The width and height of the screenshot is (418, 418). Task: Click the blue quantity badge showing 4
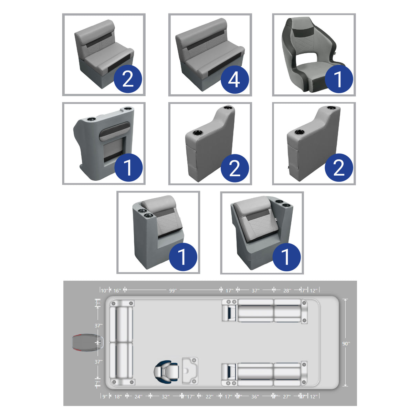[x=234, y=80]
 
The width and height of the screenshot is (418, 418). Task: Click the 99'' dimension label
[x=173, y=291]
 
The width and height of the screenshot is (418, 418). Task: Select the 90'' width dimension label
[x=346, y=343]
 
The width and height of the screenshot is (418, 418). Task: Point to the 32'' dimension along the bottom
[x=166, y=397]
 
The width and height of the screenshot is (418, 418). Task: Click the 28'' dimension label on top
[x=287, y=291]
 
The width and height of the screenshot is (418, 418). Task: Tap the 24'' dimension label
[x=138, y=397]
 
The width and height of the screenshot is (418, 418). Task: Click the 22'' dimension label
[x=209, y=397]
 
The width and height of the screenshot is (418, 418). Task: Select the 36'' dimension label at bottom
[x=255, y=397]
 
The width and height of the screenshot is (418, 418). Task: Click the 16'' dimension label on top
[x=117, y=291]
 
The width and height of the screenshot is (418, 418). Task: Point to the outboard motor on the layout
[x=84, y=343]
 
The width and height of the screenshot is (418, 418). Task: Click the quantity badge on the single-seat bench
[x=128, y=80]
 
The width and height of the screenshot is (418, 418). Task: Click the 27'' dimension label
[x=286, y=397]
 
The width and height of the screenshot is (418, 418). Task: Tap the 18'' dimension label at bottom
[x=118, y=397]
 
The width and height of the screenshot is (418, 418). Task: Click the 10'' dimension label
[x=104, y=291]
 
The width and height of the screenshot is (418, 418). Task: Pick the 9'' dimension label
[x=105, y=397]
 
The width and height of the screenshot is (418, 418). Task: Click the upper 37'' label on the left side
[x=98, y=325]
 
